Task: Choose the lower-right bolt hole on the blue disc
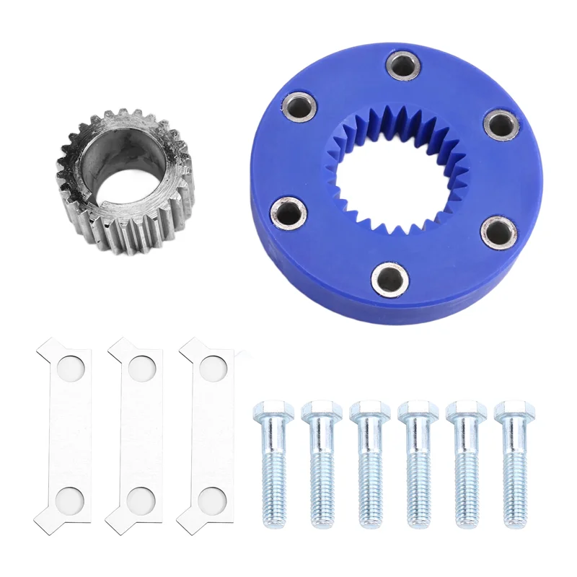tap(497, 232)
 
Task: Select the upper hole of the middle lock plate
tap(140, 368)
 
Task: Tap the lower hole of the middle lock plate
tap(140, 498)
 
